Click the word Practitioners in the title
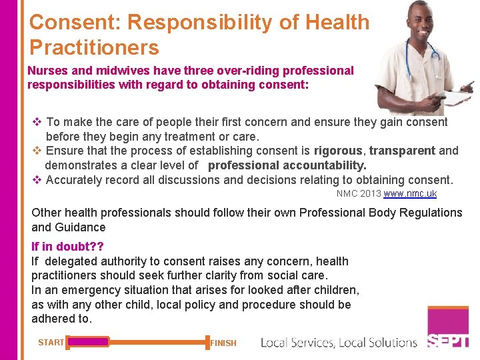click(x=94, y=48)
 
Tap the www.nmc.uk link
click(x=410, y=194)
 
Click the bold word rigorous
click(x=339, y=151)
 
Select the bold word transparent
click(x=403, y=151)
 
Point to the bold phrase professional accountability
click(x=287, y=165)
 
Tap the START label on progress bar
click(x=51, y=343)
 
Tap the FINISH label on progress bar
click(x=223, y=343)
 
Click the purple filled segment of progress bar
click(x=88, y=342)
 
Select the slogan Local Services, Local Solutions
click(x=339, y=343)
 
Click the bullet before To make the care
click(x=37, y=122)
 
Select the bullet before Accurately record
click(x=37, y=180)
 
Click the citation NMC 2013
click(x=359, y=194)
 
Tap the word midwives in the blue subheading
click(x=115, y=71)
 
